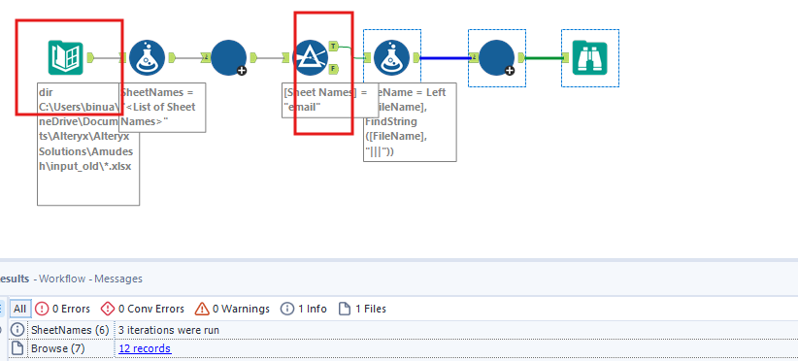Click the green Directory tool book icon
tap(65, 58)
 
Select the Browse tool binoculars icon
tap(589, 58)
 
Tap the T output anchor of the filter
tap(334, 46)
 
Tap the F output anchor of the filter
tap(334, 69)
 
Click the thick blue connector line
tap(446, 58)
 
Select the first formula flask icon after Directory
tap(148, 58)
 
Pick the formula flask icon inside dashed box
tap(391, 58)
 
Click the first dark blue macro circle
tap(229, 58)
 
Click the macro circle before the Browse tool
tap(496, 58)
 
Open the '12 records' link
tap(144, 348)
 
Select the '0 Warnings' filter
tap(232, 309)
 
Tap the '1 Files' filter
tap(362, 309)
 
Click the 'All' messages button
tap(19, 309)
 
